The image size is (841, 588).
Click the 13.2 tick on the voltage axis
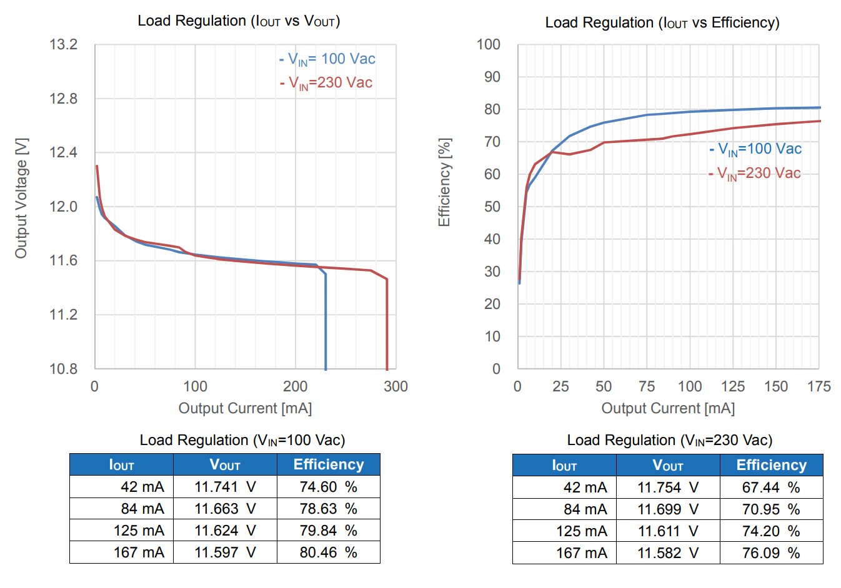pos(64,45)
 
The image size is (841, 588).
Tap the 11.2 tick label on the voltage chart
pos(64,315)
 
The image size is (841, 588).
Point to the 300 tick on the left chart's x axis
pos(396,386)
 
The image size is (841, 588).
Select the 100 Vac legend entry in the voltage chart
pos(327,59)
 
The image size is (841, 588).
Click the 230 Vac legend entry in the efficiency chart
pos(755,174)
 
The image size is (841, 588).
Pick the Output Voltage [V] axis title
pos(21,198)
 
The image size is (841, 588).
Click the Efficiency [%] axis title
pos(444,182)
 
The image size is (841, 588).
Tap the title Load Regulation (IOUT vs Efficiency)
pos(662,23)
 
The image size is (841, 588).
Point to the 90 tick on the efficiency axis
pos(488,77)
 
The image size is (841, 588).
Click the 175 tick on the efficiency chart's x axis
pos(819,386)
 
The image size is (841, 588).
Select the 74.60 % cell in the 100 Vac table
pos(328,487)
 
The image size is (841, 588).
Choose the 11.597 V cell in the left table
pos(225,552)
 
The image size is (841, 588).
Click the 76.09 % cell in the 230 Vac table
pos(771,553)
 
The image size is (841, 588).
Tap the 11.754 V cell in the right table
pos(668,488)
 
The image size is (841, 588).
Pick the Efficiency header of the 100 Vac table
pos(328,464)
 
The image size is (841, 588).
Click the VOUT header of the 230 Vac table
pos(668,465)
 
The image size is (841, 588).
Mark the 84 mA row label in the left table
pos(142,509)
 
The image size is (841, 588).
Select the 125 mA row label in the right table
pos(581,531)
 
